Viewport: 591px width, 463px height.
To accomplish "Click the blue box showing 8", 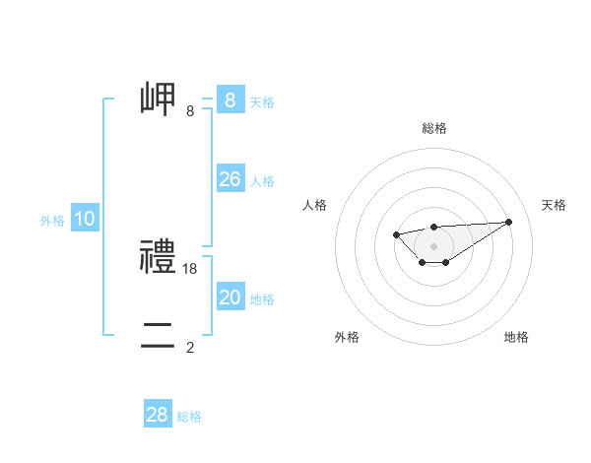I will (x=230, y=100).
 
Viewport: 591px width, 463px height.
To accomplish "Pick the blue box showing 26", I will (x=230, y=179).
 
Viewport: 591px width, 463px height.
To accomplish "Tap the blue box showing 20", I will (x=230, y=298).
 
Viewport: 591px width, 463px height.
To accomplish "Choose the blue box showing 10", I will (x=85, y=219).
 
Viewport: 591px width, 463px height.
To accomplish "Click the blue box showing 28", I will (x=158, y=415).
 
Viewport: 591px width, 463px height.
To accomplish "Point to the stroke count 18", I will (x=190, y=268).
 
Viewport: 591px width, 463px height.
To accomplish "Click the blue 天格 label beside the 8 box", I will (x=261, y=101).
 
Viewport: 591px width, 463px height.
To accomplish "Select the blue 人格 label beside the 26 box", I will (x=261, y=181).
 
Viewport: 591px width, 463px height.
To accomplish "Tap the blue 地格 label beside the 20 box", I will (x=261, y=299).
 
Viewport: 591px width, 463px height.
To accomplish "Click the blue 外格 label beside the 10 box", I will (x=52, y=221).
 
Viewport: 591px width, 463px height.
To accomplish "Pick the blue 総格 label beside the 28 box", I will (x=189, y=417).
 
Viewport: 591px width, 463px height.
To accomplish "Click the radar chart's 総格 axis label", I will (x=433, y=128).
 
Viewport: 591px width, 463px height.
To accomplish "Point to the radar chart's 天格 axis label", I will (x=554, y=205).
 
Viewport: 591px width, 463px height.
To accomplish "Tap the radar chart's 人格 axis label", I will (x=315, y=205).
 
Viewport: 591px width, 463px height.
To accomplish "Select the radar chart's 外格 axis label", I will (x=347, y=337).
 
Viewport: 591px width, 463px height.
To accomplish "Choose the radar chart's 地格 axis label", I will (x=516, y=337).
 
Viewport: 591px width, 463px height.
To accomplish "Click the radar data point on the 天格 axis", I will (x=508, y=222).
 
